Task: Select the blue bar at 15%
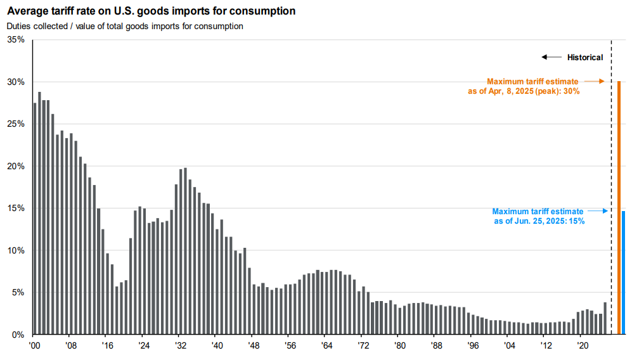pyautogui.click(x=624, y=273)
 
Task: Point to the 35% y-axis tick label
pyautogui.click(x=16, y=40)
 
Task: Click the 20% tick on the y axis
pyautogui.click(x=16, y=166)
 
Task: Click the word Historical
pyautogui.click(x=585, y=58)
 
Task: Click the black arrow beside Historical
pyautogui.click(x=551, y=58)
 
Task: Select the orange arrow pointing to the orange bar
pyautogui.click(x=594, y=81)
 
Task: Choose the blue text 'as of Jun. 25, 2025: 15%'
pyautogui.click(x=539, y=221)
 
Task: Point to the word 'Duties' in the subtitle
pyautogui.click(x=18, y=26)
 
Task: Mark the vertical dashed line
pyautogui.click(x=611, y=190)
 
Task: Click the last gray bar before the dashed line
pyautogui.click(x=605, y=318)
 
